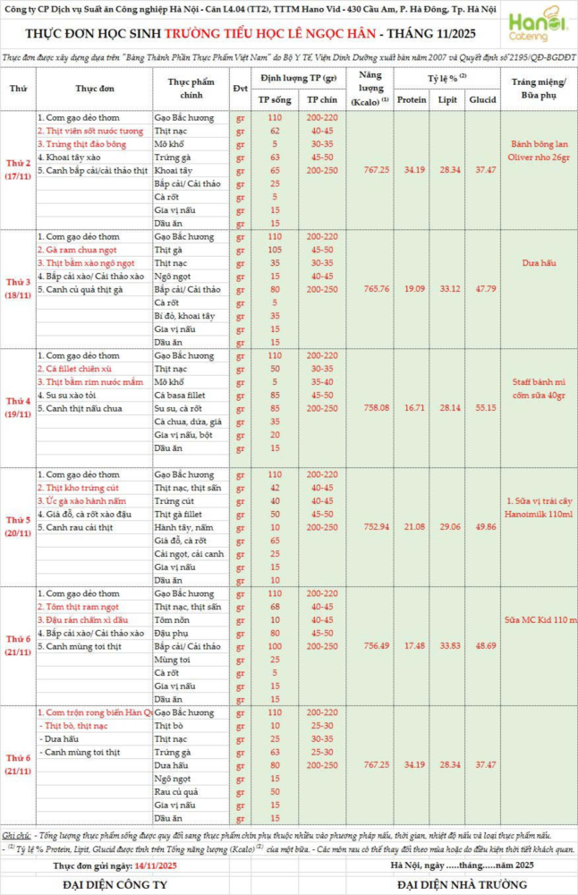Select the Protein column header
click(412, 99)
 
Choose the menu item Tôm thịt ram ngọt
click(76, 606)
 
